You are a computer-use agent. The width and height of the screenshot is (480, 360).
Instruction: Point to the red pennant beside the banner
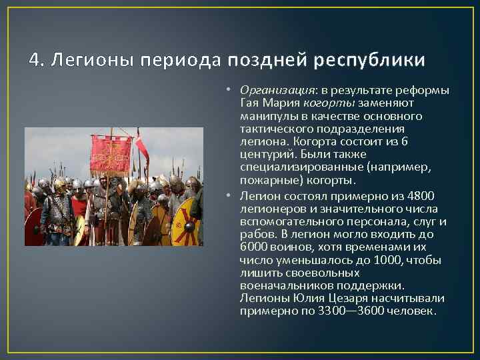(141, 145)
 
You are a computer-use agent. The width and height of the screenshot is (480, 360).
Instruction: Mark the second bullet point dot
(227, 196)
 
